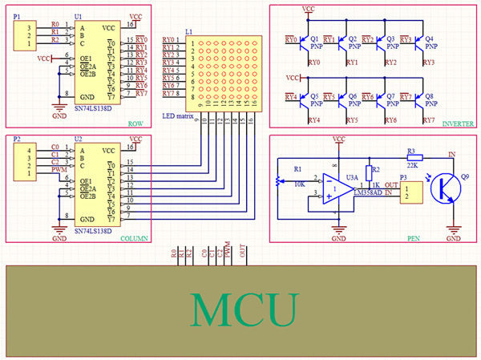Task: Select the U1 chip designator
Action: [x=77, y=16]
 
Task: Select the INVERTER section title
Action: [x=457, y=123]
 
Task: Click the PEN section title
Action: [x=414, y=237]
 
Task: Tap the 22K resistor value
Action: [x=413, y=165]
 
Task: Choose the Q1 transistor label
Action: [x=313, y=38]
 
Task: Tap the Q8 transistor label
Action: [x=429, y=95]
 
